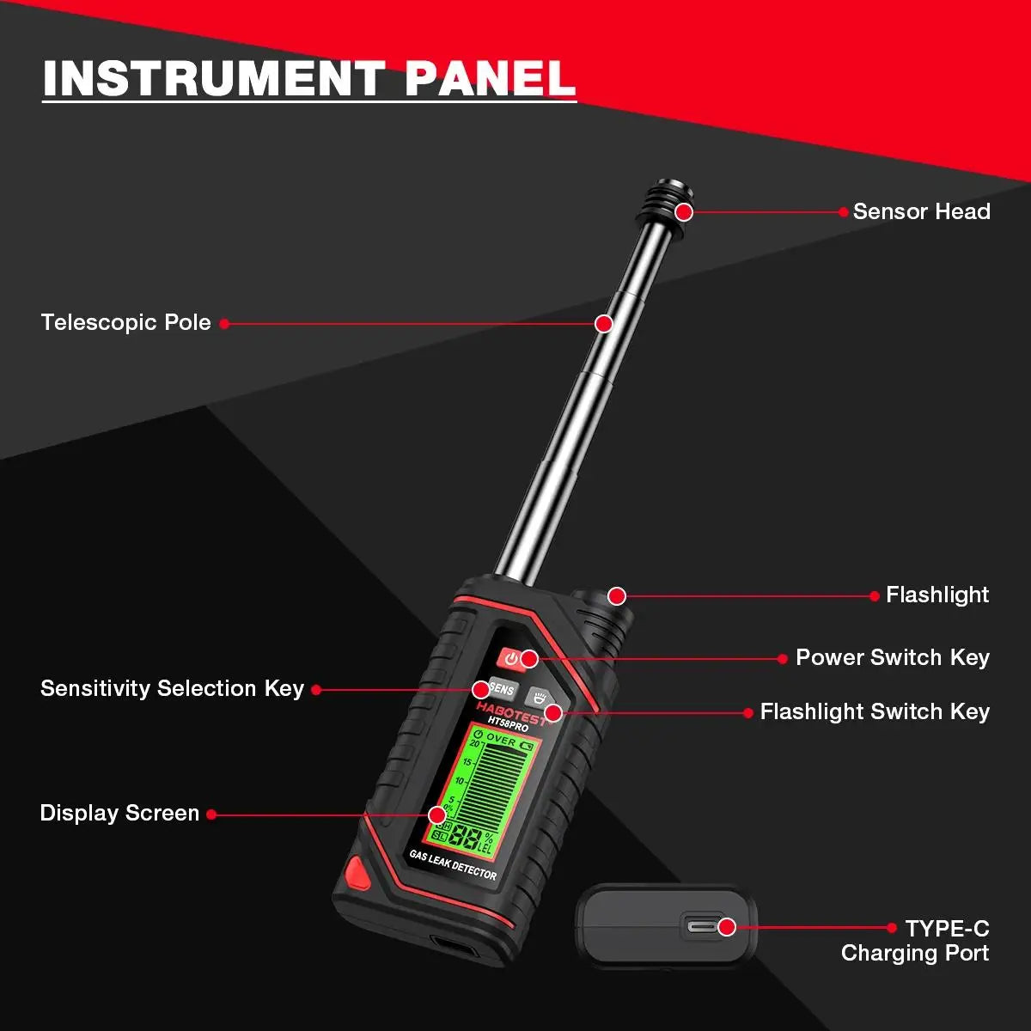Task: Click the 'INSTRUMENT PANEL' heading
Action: tap(308, 78)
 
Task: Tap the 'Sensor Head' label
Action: tap(921, 211)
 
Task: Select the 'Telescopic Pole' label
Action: tap(125, 322)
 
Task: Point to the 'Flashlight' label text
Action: tap(937, 595)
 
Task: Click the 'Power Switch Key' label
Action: tap(892, 657)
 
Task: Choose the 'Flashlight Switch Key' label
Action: tap(875, 711)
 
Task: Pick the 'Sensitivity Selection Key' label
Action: tap(172, 688)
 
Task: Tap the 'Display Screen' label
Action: tap(119, 813)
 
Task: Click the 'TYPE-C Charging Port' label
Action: tap(915, 941)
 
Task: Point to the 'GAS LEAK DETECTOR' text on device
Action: tap(453, 864)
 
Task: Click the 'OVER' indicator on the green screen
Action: tap(500, 740)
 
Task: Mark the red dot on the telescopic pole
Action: tap(604, 324)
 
